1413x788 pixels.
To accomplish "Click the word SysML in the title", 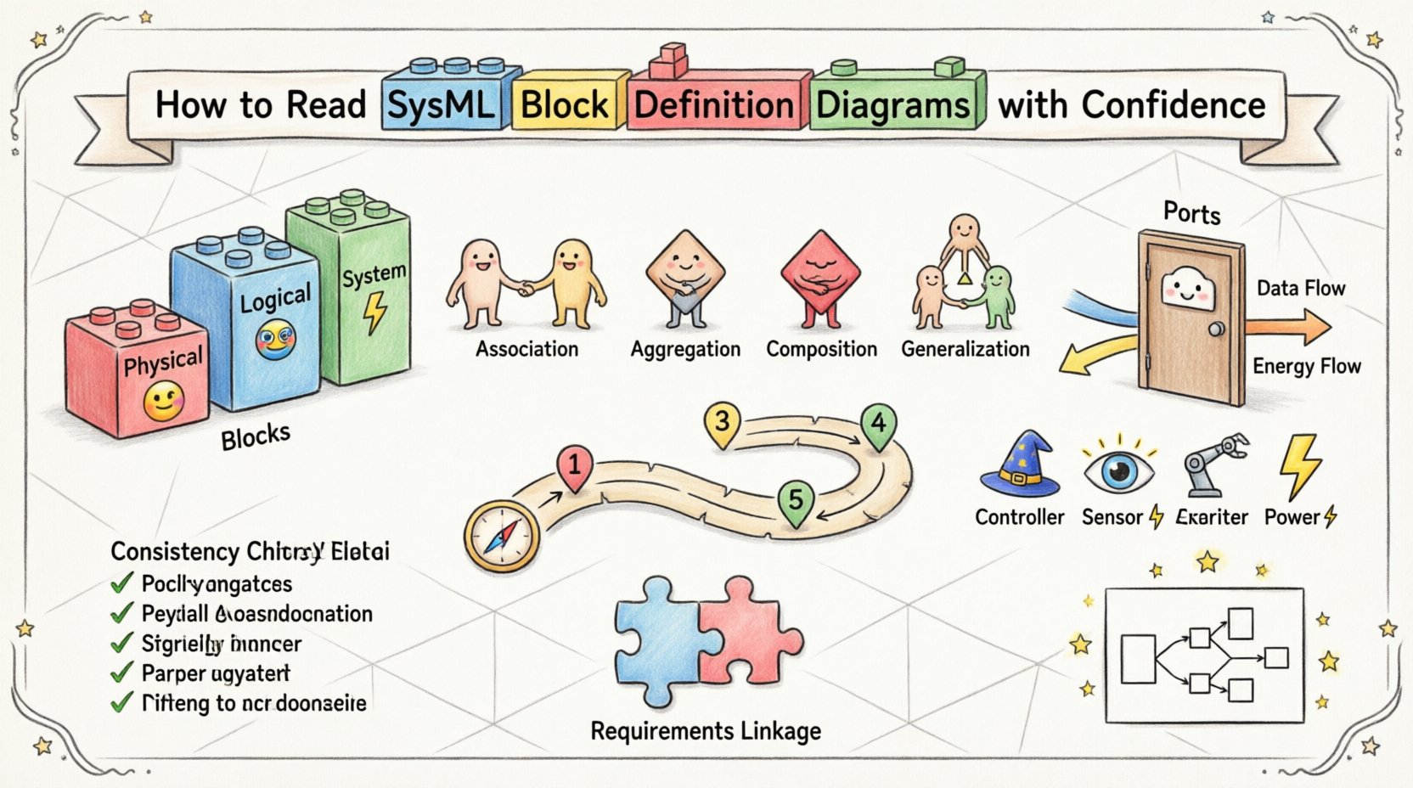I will (441, 105).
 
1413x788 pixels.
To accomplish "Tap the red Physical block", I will (136, 374).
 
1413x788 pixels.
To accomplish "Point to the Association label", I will (526, 349).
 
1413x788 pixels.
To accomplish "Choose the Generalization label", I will (965, 349).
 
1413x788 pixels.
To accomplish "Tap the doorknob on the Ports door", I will (1216, 329).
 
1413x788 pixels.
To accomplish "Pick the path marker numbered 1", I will (575, 467).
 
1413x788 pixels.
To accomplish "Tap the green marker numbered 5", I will (796, 500).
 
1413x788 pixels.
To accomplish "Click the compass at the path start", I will (502, 535).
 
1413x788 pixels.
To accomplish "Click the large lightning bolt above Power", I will (1299, 464).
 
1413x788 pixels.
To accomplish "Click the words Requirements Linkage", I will (706, 731).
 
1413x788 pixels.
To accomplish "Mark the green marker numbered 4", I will (878, 425).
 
